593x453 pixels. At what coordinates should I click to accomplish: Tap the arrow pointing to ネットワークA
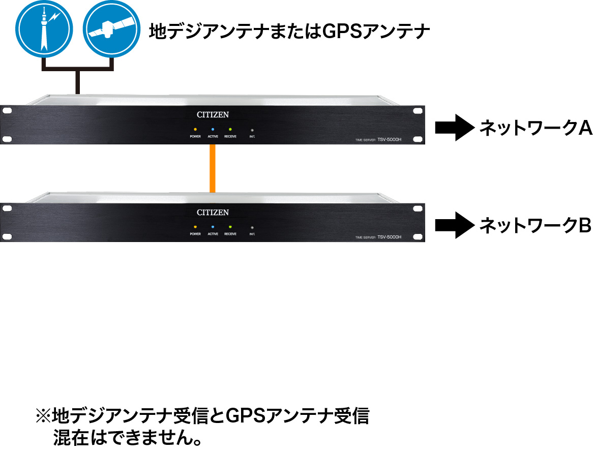(454, 128)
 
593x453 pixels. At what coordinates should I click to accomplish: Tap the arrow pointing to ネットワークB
(454, 225)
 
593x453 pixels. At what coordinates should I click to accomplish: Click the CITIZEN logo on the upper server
(213, 115)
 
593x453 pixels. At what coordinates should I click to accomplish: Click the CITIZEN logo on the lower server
(213, 212)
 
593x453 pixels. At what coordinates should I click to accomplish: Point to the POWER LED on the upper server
(195, 130)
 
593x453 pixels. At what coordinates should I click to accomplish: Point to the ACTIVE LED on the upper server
(213, 130)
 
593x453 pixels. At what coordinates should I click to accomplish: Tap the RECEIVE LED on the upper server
(230, 130)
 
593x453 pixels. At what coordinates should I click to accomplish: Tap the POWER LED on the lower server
(195, 227)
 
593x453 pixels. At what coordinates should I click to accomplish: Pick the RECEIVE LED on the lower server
(230, 227)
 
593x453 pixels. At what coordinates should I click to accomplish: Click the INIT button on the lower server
(252, 227)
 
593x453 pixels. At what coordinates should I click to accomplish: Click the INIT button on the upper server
(252, 130)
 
